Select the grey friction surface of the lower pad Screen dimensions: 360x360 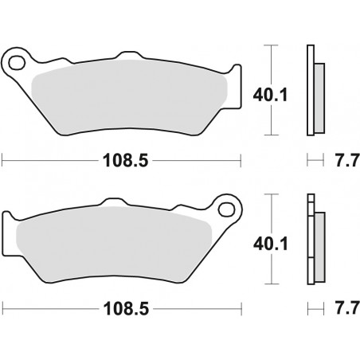[x=112, y=243]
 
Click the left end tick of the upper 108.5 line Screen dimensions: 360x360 [x=3, y=160]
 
